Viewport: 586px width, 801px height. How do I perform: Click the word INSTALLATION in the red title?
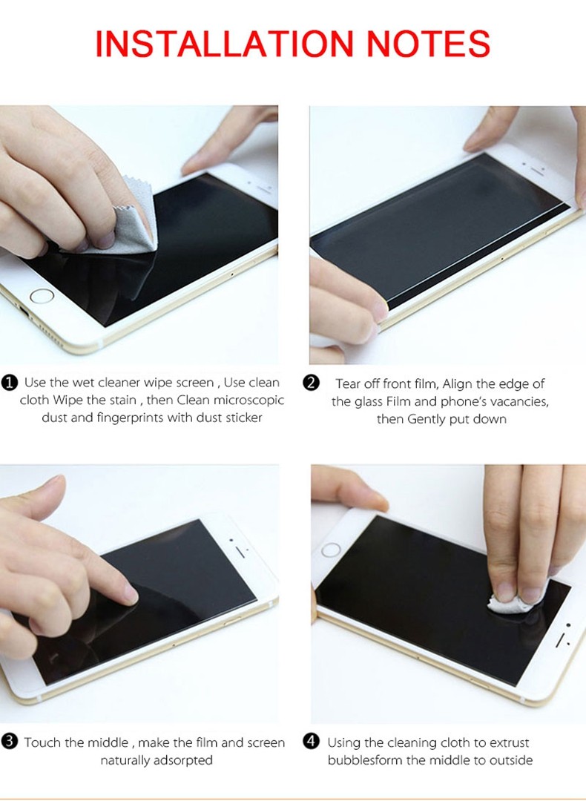[x=224, y=44]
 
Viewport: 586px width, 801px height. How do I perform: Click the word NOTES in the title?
[x=429, y=44]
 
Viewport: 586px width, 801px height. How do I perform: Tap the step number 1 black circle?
[x=9, y=383]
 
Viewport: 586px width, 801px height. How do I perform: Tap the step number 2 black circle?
[x=311, y=383]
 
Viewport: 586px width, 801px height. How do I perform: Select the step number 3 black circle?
[x=9, y=742]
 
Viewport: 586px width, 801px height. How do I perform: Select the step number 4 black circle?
[x=311, y=742]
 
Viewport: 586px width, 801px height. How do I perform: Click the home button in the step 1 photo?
[x=42, y=296]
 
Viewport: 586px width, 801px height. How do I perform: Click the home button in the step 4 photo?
[x=331, y=550]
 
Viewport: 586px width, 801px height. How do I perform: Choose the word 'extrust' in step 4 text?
[x=510, y=742]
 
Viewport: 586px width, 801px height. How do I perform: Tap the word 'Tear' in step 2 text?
[x=348, y=383]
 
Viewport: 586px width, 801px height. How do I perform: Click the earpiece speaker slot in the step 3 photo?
[x=240, y=553]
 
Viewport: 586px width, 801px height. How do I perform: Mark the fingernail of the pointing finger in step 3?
[x=131, y=595]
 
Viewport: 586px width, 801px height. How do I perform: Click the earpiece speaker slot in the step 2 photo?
[x=537, y=169]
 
